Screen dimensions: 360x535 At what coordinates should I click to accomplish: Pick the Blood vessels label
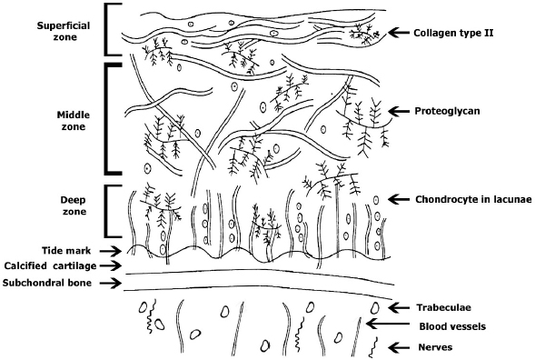(x=454, y=325)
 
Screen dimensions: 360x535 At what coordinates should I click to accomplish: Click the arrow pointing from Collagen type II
(x=398, y=33)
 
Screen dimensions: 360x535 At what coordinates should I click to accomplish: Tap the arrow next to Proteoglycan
(x=398, y=111)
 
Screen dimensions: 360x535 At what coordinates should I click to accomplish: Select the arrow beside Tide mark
(x=110, y=250)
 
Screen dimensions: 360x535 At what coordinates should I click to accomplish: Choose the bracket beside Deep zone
(x=110, y=212)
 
